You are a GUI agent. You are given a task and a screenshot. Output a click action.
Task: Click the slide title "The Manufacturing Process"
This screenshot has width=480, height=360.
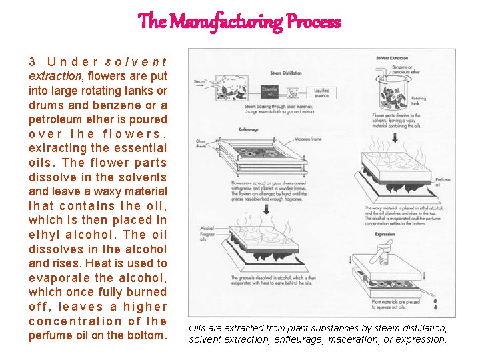point(239,21)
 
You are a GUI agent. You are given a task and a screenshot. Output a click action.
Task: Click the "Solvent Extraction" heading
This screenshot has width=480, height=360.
point(391,58)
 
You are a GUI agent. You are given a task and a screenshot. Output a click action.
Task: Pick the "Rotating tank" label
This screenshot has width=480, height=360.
point(418,101)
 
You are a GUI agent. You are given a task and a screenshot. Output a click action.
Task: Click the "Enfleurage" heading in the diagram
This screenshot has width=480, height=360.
point(248,129)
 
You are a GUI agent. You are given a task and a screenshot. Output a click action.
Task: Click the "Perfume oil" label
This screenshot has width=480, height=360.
point(442,182)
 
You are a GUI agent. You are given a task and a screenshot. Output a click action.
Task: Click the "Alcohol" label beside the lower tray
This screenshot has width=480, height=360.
point(206,229)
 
